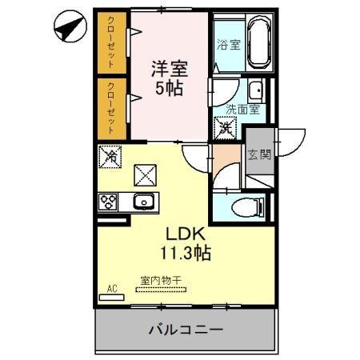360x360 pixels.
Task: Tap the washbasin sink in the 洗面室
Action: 256,89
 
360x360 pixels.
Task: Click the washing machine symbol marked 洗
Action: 226,126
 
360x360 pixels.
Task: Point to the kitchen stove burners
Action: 109,202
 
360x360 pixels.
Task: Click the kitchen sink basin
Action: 144,202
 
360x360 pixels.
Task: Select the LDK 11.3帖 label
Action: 187,244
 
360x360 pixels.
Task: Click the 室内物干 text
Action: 161,280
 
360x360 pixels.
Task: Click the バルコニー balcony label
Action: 185,329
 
